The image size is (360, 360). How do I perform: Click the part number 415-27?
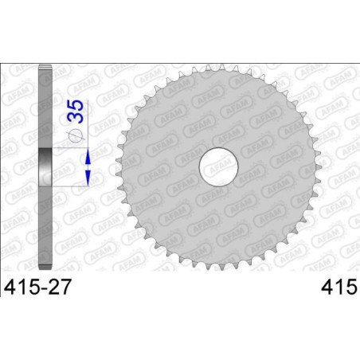click(37, 287)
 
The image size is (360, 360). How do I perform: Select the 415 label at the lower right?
click(339, 287)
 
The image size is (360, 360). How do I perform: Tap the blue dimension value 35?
click(76, 112)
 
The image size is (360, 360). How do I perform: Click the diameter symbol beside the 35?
click(76, 135)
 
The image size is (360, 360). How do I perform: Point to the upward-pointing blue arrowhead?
click(88, 156)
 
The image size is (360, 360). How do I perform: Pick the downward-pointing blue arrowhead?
click(88, 178)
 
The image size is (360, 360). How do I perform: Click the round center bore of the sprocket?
click(218, 167)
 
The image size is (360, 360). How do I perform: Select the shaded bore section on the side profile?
click(45, 167)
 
